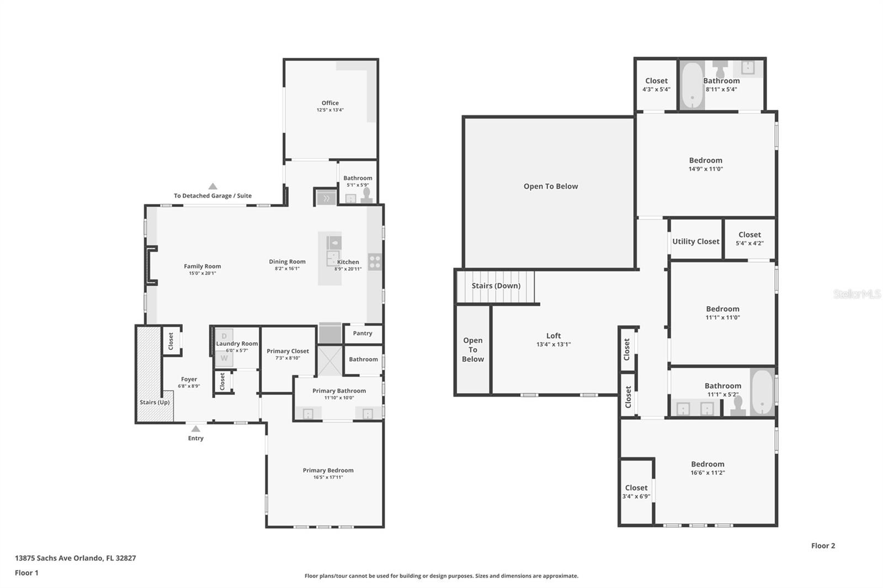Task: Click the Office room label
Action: click(330, 103)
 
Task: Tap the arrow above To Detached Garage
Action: click(212, 186)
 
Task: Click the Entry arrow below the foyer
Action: click(195, 428)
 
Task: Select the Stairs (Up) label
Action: click(155, 402)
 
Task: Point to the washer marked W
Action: click(224, 358)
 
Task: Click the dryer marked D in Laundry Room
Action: click(224, 336)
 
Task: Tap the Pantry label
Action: click(363, 333)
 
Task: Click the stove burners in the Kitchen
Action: click(375, 261)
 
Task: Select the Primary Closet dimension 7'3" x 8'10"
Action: click(288, 358)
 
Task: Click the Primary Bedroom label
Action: click(328, 471)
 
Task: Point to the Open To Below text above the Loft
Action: click(550, 186)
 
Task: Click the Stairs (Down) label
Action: click(496, 286)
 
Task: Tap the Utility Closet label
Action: click(695, 242)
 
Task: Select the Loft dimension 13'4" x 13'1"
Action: click(554, 344)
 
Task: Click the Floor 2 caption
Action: click(823, 546)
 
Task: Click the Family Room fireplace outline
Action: click(150, 266)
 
